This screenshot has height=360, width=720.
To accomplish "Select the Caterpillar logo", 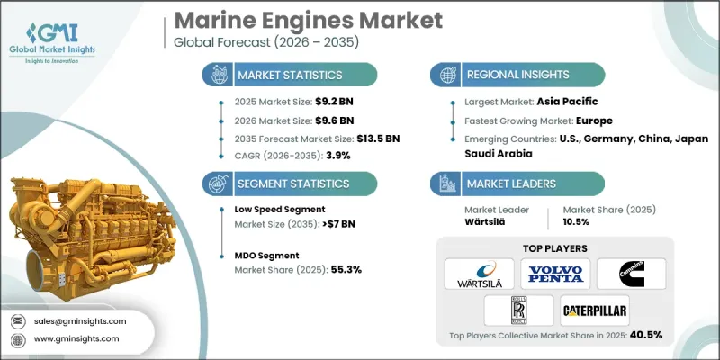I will [595, 310].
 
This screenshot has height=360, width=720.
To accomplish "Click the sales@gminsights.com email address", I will [79, 320].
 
